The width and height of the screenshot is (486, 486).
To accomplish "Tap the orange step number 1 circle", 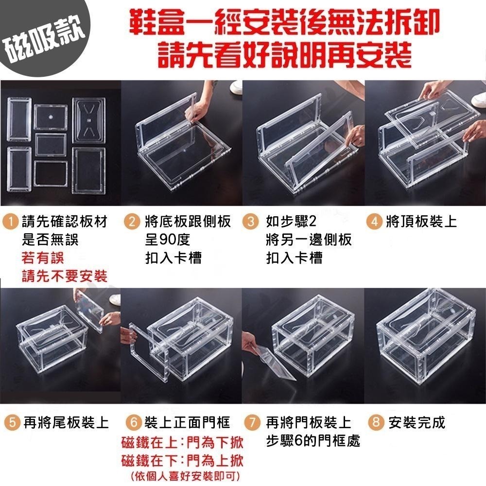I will click(10, 222).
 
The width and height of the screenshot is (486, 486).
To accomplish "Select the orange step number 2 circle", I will click(131, 222).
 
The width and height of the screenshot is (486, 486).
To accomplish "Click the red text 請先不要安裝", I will click(64, 277).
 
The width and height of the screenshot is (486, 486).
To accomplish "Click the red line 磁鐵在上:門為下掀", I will click(182, 442).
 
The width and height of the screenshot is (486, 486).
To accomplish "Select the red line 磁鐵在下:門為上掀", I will click(182, 460).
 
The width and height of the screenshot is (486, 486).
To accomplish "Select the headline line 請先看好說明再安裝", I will click(284, 55).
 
